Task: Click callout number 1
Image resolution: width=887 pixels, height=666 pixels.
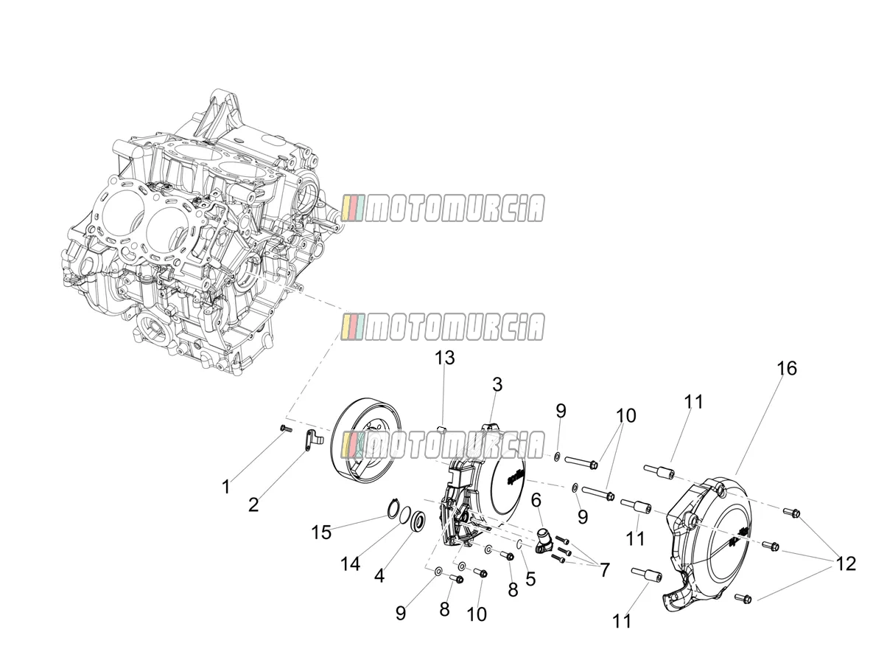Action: (x=226, y=487)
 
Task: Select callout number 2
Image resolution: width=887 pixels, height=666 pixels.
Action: (x=253, y=504)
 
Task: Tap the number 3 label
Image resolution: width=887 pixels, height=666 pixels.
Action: (x=497, y=384)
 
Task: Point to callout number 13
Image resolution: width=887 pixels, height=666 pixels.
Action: (x=444, y=358)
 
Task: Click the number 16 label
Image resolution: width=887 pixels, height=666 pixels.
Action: (x=787, y=368)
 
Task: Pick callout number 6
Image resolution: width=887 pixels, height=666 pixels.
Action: (x=536, y=500)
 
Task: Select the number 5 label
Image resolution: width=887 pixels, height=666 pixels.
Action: (x=530, y=579)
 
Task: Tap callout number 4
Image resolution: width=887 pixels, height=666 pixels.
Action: (x=379, y=576)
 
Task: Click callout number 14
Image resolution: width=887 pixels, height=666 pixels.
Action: (x=350, y=563)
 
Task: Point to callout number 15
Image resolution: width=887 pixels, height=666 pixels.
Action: (x=321, y=533)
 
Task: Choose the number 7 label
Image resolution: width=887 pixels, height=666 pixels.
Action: (x=605, y=570)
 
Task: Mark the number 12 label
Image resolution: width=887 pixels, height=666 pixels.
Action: (x=846, y=563)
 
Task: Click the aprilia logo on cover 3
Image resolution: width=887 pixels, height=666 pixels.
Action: (x=516, y=476)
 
